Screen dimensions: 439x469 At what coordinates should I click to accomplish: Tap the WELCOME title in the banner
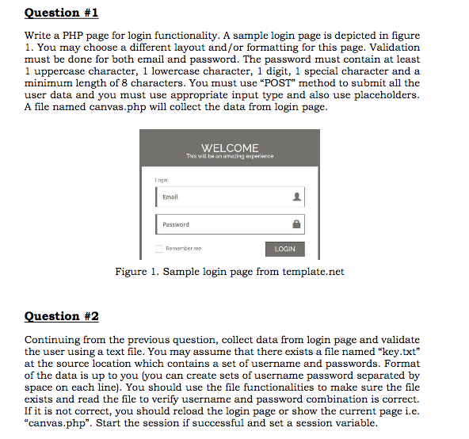click(230, 148)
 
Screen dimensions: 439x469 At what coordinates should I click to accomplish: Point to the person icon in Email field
click(296, 197)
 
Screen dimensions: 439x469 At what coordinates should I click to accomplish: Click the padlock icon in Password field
click(296, 224)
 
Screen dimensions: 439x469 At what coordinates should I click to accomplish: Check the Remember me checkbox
click(158, 249)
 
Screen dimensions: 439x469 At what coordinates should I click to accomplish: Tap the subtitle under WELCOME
click(230, 156)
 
